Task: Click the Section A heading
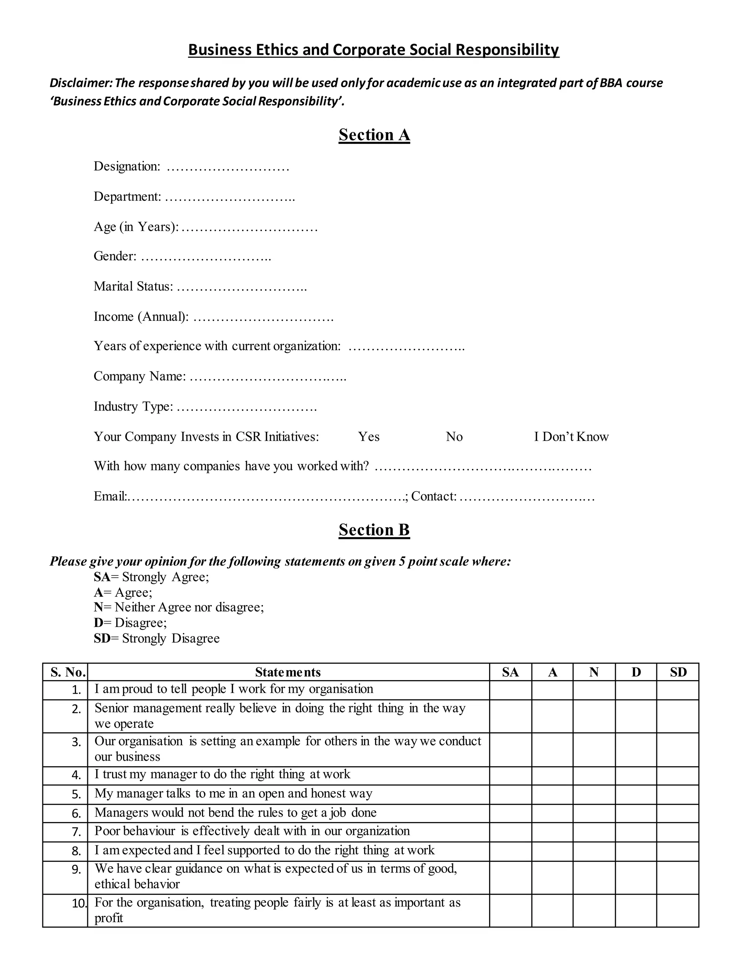374,135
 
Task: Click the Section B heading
374,529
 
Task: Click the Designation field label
126,166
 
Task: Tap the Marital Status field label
133,286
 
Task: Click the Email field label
110,496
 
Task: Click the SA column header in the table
510,672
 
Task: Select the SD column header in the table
678,672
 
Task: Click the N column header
594,672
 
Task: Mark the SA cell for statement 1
510,690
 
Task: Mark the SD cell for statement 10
678,910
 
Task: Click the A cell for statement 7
552,832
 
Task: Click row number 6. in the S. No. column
76,814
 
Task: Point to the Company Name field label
139,376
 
